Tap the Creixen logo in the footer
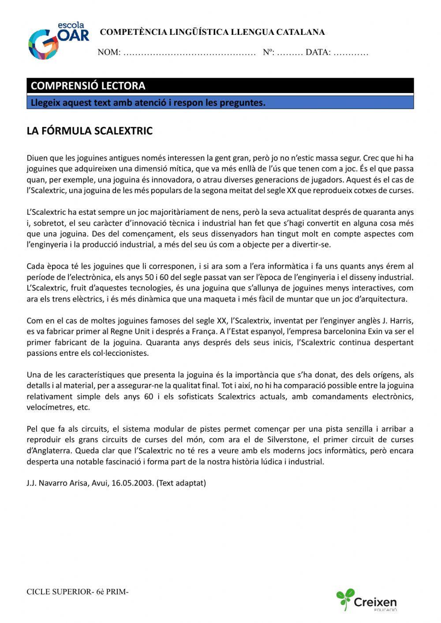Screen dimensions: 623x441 [367, 600]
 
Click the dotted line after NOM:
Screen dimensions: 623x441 [189, 53]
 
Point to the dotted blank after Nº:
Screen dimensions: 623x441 [290, 53]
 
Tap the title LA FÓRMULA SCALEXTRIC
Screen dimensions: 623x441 [90, 131]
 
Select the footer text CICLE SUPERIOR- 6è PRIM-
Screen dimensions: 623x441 [78, 592]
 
